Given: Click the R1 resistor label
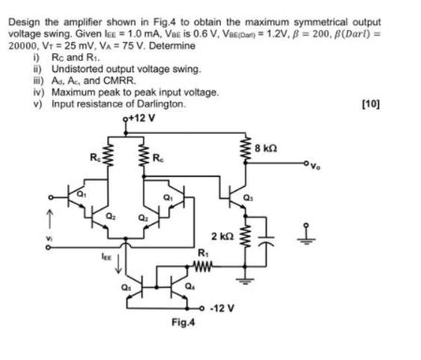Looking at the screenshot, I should pyautogui.click(x=202, y=252).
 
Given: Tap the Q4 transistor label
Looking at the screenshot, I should pyautogui.click(x=194, y=286).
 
